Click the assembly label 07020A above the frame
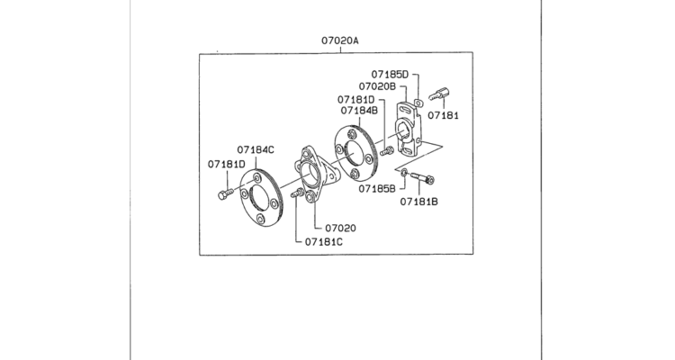(339, 40)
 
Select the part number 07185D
(390, 75)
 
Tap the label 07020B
(377, 86)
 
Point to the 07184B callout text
(359, 111)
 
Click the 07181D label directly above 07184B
(356, 100)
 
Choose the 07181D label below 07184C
(227, 164)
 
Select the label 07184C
(256, 150)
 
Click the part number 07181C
(324, 242)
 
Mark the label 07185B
(377, 189)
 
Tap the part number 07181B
(418, 202)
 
